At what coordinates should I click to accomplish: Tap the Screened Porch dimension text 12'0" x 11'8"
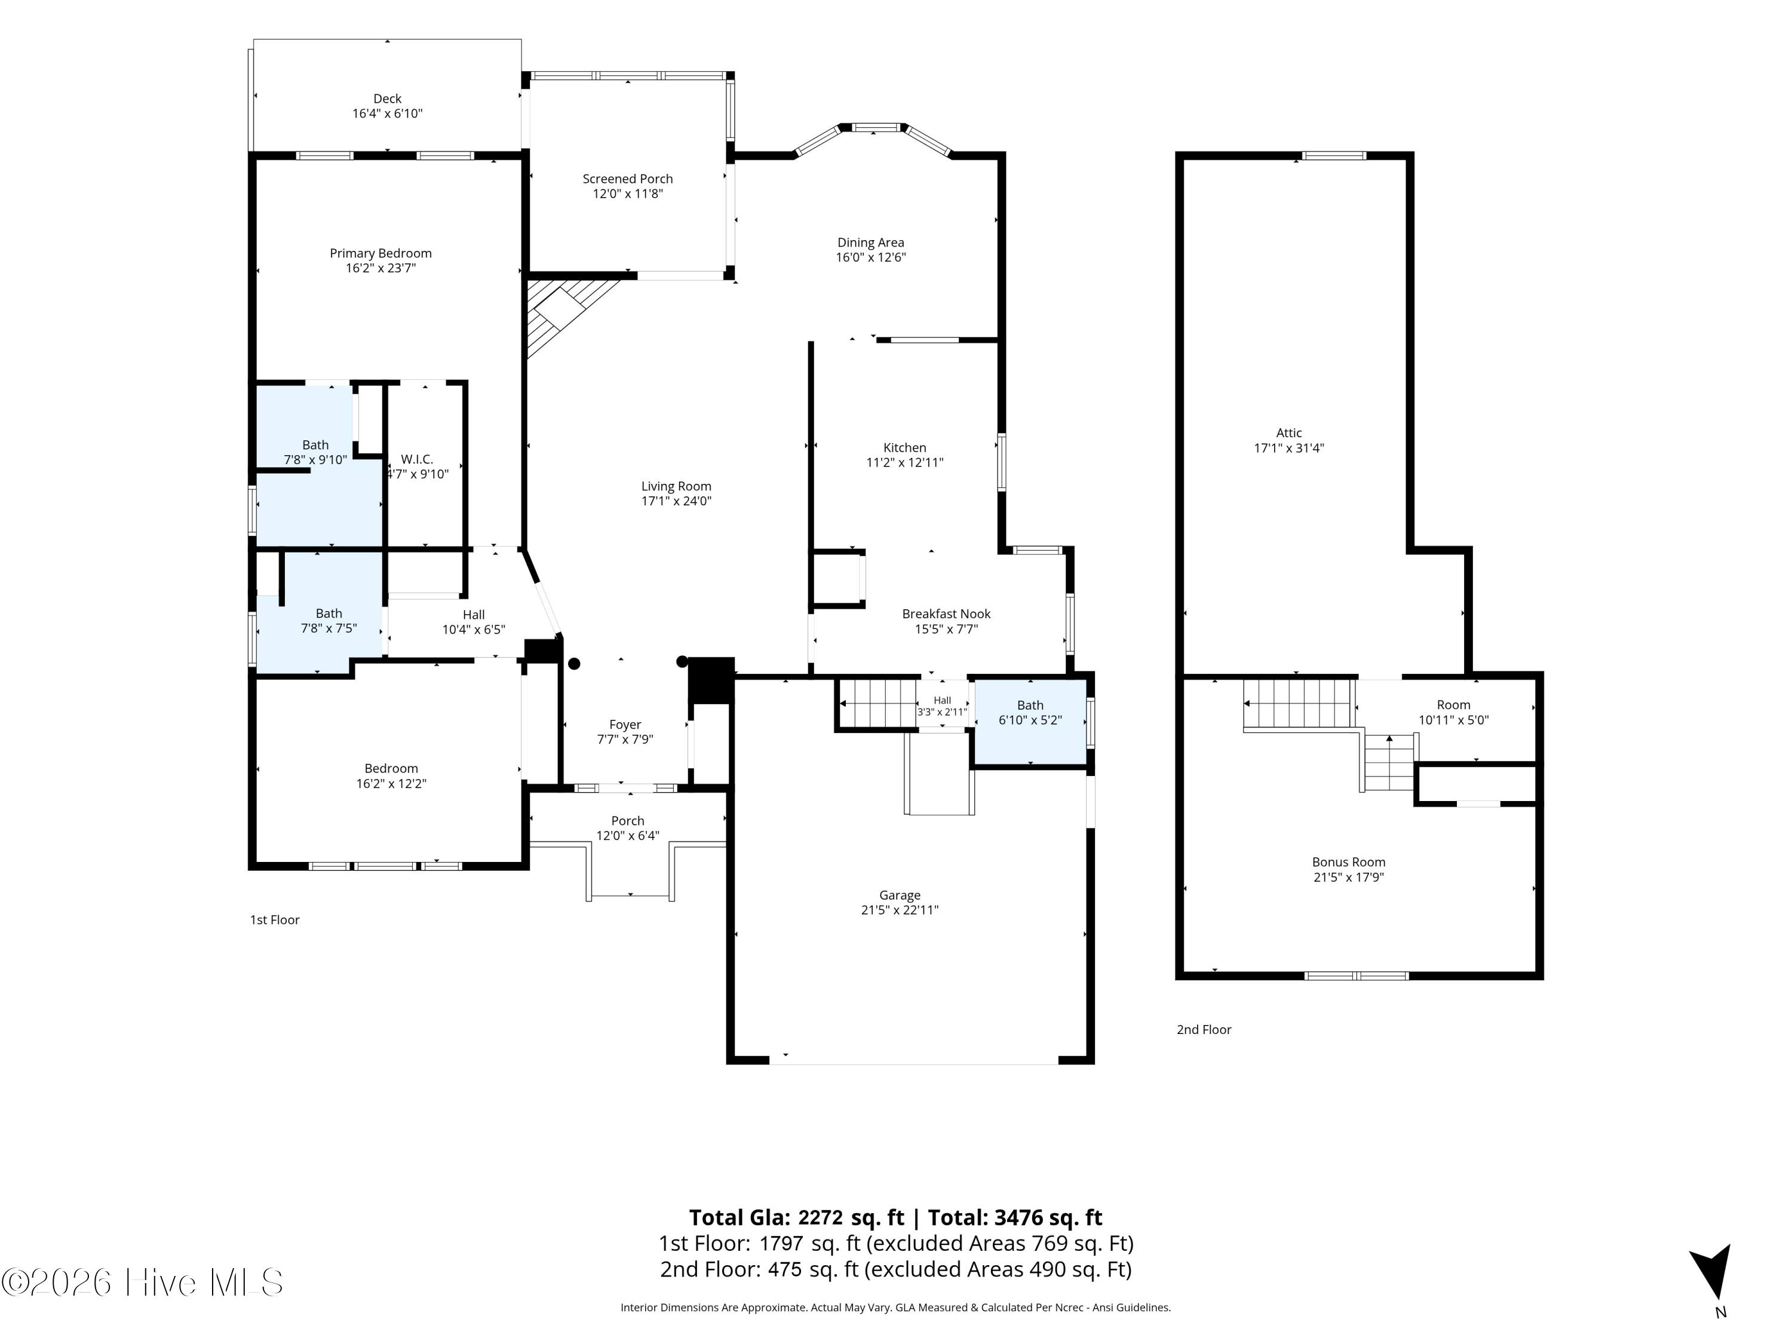pos(628,194)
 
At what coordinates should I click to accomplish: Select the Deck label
pos(387,99)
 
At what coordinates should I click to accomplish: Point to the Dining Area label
pos(870,243)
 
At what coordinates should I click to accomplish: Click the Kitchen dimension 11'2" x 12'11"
pos(905,462)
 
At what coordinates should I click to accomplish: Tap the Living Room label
pos(676,486)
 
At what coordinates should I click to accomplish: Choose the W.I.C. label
pos(417,459)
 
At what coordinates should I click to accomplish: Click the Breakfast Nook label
pos(946,614)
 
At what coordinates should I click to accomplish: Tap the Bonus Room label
pos(1349,862)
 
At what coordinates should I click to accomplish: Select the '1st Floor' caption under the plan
pos(275,919)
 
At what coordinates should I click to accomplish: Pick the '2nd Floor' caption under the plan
pos(1204,1030)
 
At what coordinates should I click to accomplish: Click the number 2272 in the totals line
pos(821,1217)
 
